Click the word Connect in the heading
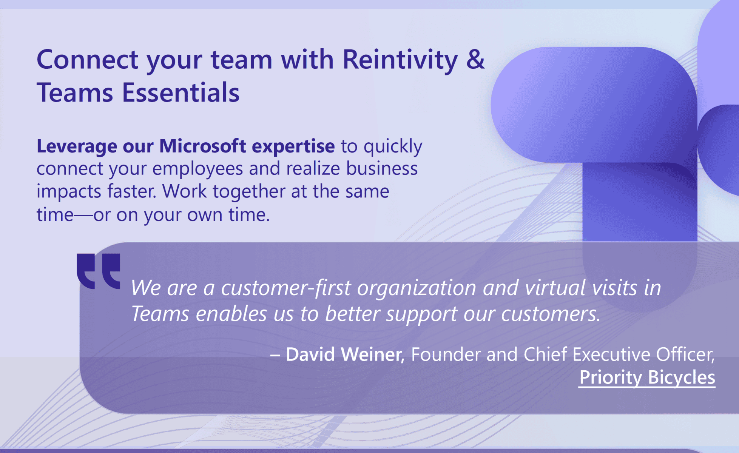click(x=87, y=59)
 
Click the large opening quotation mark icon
click(x=99, y=271)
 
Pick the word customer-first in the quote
click(x=286, y=288)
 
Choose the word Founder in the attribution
click(x=445, y=354)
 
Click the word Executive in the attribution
click(x=612, y=354)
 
